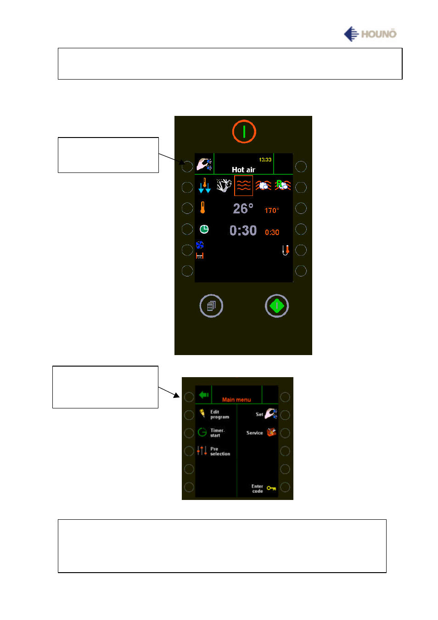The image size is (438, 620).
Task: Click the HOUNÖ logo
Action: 370,34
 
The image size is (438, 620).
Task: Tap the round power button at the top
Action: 244,132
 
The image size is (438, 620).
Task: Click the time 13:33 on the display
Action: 265,160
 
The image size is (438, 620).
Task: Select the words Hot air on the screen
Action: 243,170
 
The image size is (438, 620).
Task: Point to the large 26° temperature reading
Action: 243,209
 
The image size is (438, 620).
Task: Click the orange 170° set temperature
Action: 271,211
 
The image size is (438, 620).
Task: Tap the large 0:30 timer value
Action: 243,230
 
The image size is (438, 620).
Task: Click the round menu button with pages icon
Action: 211,306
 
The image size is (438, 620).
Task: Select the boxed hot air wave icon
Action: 243,186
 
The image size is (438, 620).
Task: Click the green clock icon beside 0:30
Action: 204,229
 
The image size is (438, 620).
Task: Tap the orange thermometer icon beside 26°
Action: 202,208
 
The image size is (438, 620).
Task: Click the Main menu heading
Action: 236,400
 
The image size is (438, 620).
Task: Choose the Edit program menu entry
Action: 219,414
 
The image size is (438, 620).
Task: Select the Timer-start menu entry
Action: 217,433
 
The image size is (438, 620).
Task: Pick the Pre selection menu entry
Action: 219,451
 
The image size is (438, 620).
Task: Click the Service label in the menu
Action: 254,433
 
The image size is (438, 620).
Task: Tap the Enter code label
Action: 257,488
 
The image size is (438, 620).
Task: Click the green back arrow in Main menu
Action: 204,395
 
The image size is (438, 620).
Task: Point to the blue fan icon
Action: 200,245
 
